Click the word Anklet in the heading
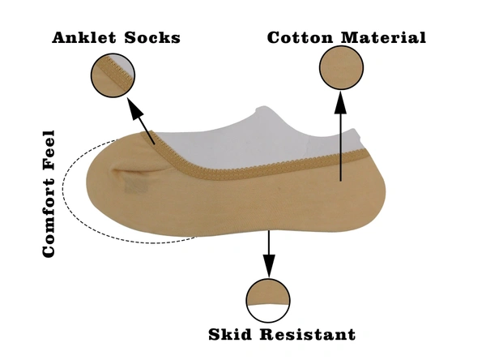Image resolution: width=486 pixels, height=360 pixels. pos(84,38)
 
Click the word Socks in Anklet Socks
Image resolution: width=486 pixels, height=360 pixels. pos(151,38)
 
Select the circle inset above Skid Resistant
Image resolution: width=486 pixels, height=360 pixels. pos(269,301)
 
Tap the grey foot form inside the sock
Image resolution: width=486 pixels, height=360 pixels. pos(243,134)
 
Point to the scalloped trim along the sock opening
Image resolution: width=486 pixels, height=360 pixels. pos(243,168)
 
